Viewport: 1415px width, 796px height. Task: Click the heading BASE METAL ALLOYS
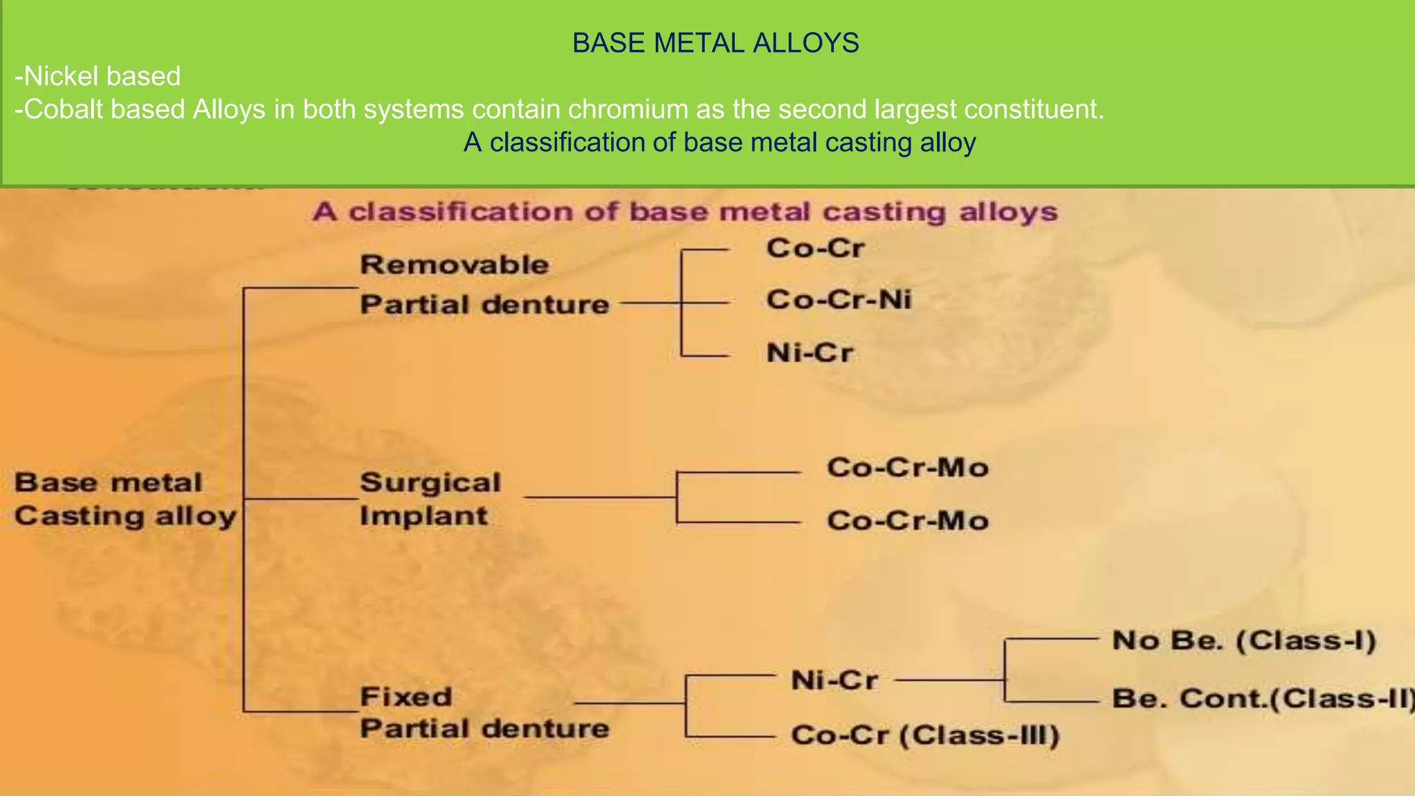(x=715, y=44)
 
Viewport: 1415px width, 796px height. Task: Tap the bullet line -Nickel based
(x=97, y=76)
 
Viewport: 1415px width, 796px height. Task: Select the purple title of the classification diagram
(x=685, y=211)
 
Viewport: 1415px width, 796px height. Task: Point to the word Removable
(x=454, y=265)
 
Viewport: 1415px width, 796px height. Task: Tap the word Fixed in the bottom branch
(x=406, y=696)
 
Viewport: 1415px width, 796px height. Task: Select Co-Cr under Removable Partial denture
(x=815, y=248)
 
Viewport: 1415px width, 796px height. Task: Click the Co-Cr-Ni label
(x=838, y=300)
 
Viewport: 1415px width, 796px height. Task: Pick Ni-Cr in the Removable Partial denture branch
(x=809, y=353)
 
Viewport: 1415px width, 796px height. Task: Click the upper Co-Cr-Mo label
(x=907, y=468)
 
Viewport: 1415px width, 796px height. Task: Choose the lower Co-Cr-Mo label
(x=907, y=520)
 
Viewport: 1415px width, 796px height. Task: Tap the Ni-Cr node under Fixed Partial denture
(x=834, y=681)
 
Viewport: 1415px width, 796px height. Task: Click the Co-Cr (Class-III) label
(x=924, y=735)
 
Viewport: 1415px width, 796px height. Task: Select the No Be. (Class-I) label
(x=1244, y=641)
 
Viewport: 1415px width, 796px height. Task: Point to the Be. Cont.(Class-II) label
(x=1261, y=699)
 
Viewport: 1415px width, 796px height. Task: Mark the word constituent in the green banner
(x=1032, y=109)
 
